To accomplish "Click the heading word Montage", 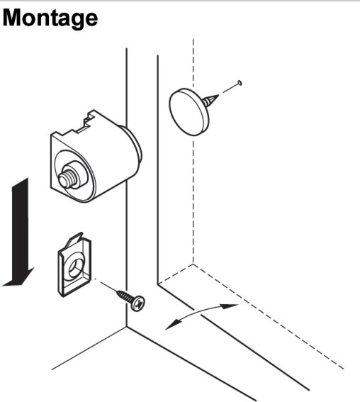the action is point(50,18).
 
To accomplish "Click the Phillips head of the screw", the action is point(138,303).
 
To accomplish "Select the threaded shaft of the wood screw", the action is point(125,296).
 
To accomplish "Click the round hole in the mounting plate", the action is point(76,268).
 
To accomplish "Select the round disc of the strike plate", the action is point(189,112).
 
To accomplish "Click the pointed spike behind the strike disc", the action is point(211,101).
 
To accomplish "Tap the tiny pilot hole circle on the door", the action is point(240,83).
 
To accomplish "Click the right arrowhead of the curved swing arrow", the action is point(230,306).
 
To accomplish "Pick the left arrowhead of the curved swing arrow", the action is point(171,325).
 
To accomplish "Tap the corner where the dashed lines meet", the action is point(193,264).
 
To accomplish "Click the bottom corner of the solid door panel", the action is point(157,284).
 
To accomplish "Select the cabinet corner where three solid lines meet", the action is point(127,327).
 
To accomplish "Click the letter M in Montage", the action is point(12,18).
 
